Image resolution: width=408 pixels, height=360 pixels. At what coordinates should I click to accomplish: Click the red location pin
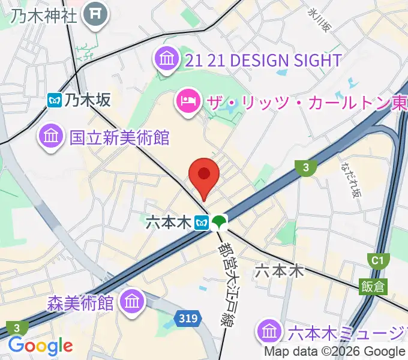click(x=203, y=176)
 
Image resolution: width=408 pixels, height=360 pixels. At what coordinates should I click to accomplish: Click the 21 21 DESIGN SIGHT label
click(x=263, y=60)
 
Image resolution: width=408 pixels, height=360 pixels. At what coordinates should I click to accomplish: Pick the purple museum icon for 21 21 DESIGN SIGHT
click(x=166, y=59)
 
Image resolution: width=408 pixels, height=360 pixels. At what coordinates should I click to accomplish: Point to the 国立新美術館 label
click(x=119, y=137)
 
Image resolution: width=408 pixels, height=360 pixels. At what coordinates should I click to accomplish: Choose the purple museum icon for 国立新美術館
click(x=51, y=136)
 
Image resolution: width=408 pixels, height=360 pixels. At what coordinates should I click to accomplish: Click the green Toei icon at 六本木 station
click(x=219, y=223)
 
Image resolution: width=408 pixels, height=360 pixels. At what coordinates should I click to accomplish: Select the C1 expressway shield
click(x=377, y=260)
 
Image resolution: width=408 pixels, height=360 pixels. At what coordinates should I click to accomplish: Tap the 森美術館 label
click(x=80, y=302)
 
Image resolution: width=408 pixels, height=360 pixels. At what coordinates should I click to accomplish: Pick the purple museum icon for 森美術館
click(x=131, y=301)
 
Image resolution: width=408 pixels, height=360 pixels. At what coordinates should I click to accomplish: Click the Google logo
click(x=40, y=346)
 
